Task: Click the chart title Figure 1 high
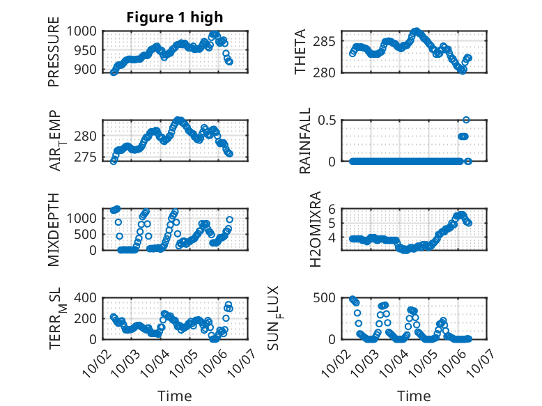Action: click(175, 17)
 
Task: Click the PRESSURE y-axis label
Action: click(54, 56)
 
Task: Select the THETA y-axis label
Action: click(300, 52)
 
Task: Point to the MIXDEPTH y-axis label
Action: click(54, 229)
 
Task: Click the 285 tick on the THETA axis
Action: click(329, 42)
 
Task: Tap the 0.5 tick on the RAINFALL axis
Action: click(329, 120)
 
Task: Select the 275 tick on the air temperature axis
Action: click(88, 157)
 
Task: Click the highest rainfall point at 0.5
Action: click(466, 120)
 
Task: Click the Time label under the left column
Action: click(174, 396)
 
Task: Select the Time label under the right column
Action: click(414, 396)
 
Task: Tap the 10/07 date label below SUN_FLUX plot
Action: click(483, 356)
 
